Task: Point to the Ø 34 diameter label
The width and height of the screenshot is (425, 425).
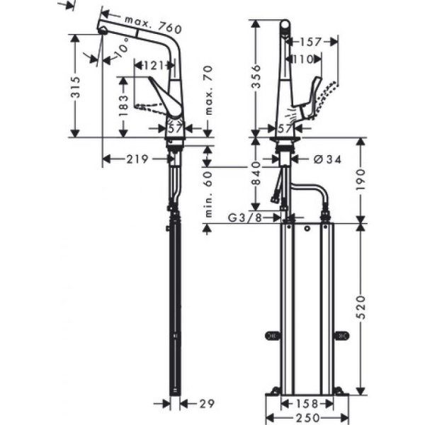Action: click(x=324, y=159)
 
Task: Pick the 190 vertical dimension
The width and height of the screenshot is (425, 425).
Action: click(x=362, y=180)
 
